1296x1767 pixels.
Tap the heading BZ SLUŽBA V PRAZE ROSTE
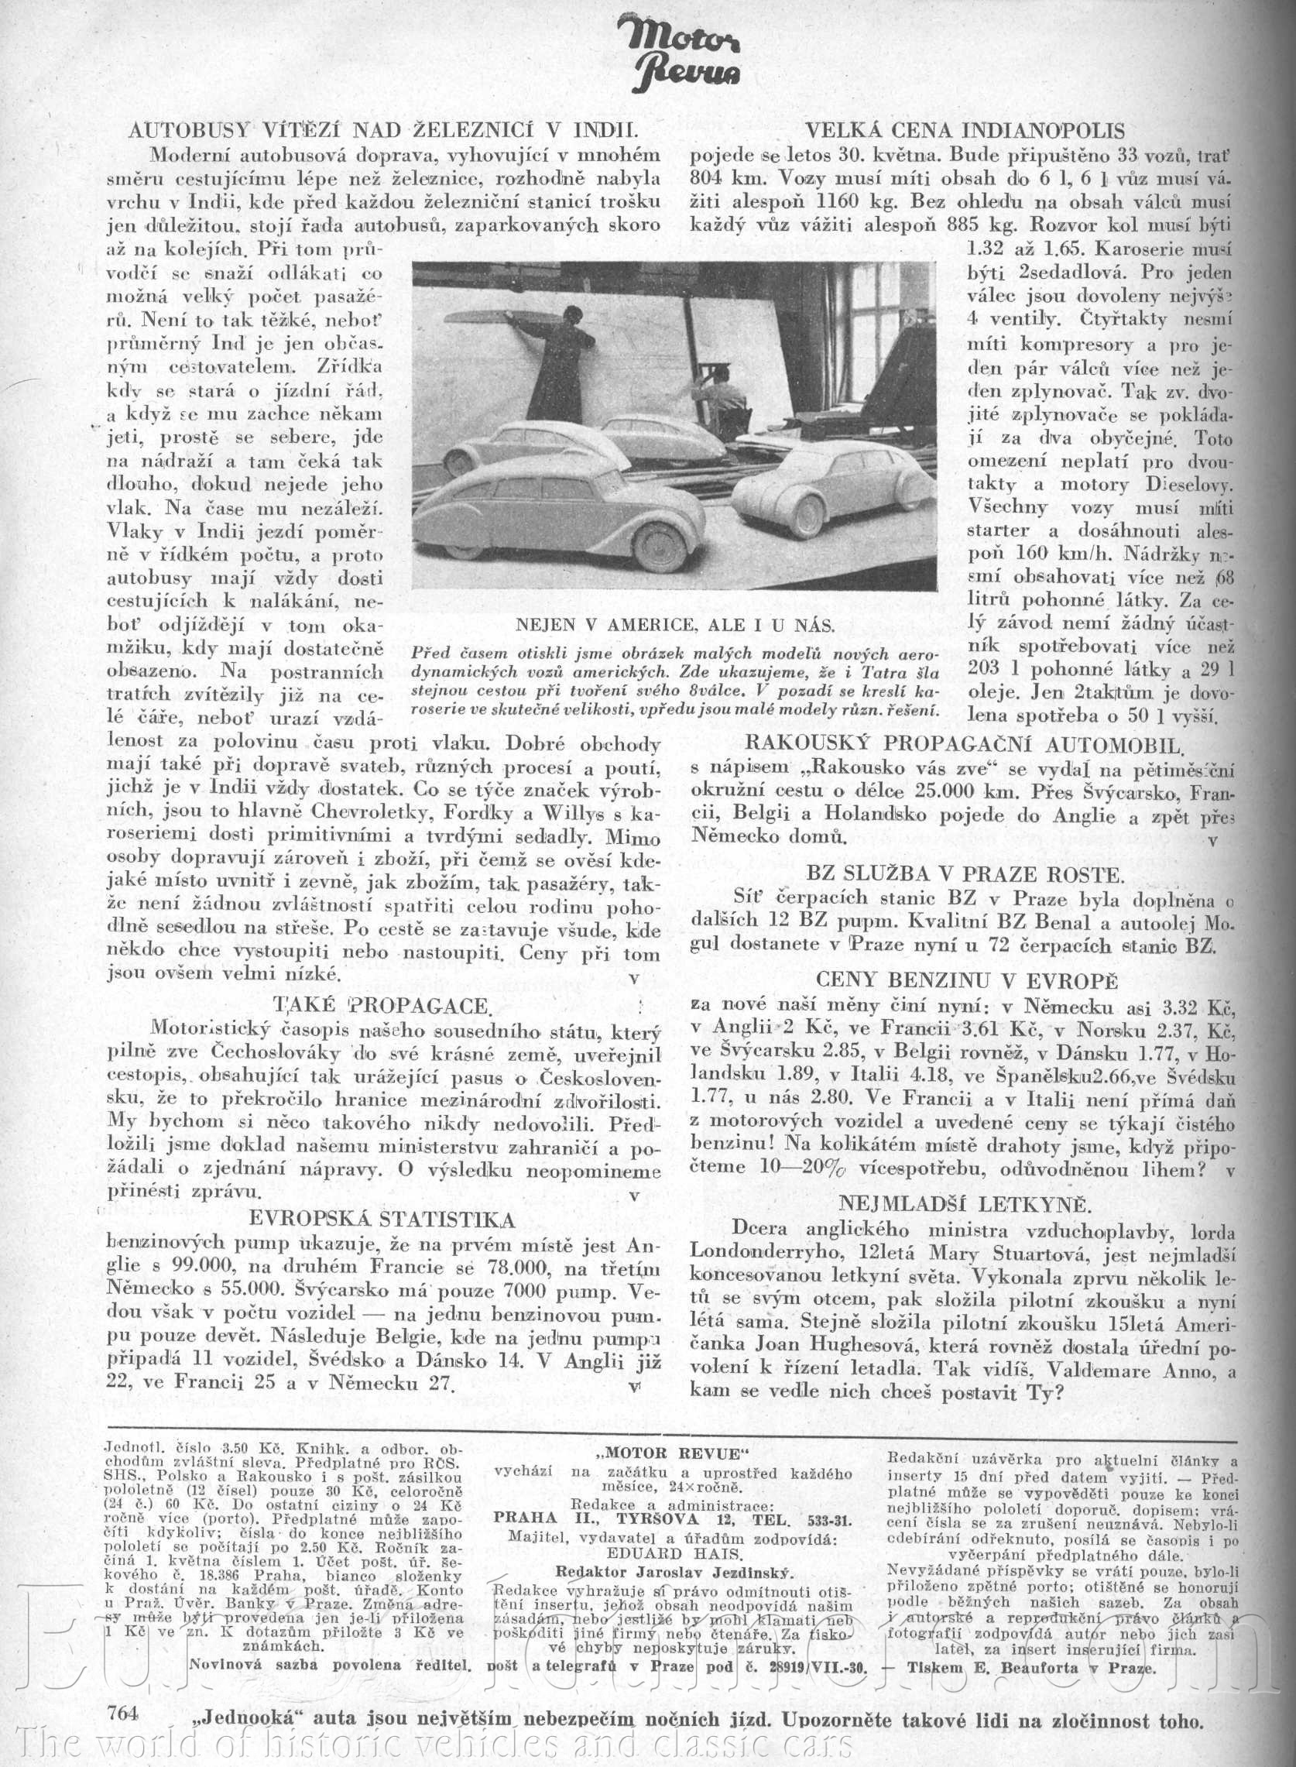pos(964,873)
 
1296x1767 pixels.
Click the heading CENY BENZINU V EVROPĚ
pos(964,981)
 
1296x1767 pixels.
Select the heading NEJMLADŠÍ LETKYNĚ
pos(963,1203)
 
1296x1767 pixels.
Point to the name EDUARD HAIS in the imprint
pos(671,1531)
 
